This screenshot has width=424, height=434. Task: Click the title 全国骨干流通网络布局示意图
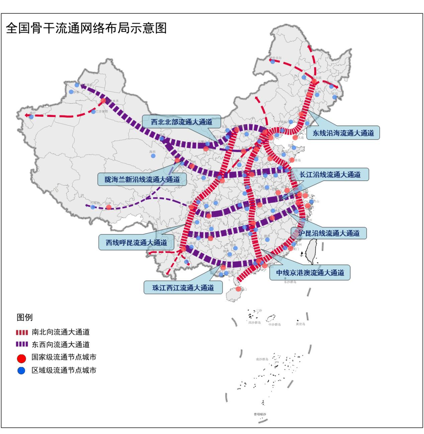coord(86,28)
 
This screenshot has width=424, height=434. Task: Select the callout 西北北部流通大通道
coord(181,122)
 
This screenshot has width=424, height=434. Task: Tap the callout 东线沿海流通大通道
coord(343,133)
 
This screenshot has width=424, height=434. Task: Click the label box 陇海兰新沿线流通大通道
coord(142,179)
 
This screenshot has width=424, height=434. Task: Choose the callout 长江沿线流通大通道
coord(330,174)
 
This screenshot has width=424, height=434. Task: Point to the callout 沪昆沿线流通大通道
coord(329,233)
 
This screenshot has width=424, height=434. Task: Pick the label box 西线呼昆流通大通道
coord(136,243)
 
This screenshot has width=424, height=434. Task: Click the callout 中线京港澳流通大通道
coord(310,273)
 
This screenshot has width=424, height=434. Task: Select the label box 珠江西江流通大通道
coord(183,288)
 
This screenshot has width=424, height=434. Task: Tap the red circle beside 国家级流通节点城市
coord(21,358)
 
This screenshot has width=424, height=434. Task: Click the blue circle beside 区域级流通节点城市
coord(21,371)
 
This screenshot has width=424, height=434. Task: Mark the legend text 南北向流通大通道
coord(61,332)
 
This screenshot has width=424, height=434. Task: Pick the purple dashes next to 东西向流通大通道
coord(22,344)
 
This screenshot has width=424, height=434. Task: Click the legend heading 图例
coord(24,317)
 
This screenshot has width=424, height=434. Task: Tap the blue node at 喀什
coord(31,117)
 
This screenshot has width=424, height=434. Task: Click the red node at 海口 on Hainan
coord(238,289)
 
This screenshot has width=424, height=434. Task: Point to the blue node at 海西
coord(153,156)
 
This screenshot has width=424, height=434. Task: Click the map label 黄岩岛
coord(300,324)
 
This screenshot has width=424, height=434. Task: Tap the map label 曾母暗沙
coord(260,414)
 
